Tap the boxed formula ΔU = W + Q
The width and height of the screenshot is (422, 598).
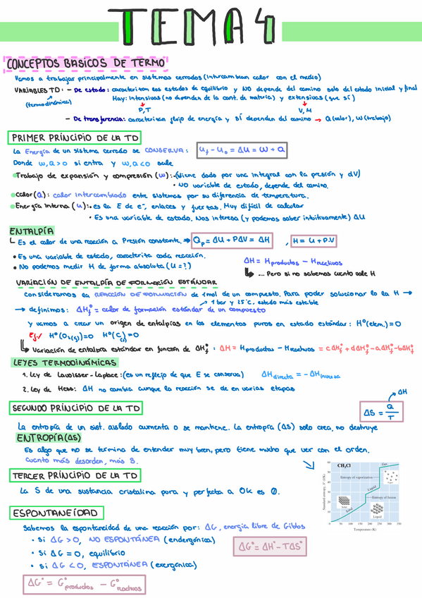point(241,150)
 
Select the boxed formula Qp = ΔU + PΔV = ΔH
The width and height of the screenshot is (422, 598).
point(231,241)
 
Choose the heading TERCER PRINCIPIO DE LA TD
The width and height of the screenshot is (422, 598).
point(73,476)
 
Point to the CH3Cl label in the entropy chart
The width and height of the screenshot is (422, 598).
point(345,466)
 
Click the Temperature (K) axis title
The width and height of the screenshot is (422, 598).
point(367,528)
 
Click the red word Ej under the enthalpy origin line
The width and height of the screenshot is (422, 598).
point(32,335)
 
